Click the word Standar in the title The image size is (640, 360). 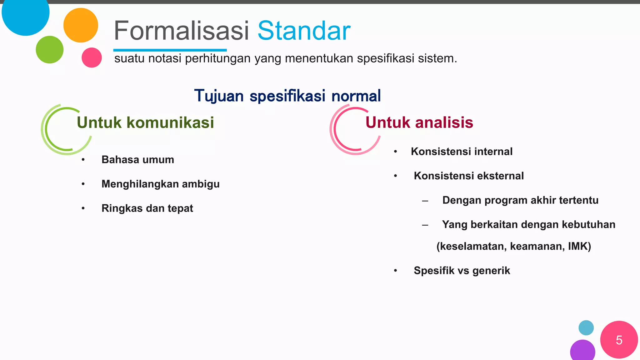point(304,31)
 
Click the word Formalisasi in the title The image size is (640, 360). point(181,31)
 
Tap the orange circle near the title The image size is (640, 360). point(81,25)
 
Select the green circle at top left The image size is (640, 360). point(49,50)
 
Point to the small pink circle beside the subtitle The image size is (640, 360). point(92,57)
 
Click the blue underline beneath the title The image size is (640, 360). point(170,50)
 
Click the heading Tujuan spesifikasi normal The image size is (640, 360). point(287,96)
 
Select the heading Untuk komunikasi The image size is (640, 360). point(145,122)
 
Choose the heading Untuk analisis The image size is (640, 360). point(419,122)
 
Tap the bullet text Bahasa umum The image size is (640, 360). point(137,160)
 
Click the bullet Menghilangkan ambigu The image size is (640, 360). point(160,184)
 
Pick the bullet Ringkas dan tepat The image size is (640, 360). point(147,208)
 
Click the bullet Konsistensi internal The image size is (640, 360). point(462,152)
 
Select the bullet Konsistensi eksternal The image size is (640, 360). point(468,176)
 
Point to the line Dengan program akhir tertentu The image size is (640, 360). point(520,200)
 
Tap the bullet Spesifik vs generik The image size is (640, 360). point(462,271)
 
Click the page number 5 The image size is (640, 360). point(619,340)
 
